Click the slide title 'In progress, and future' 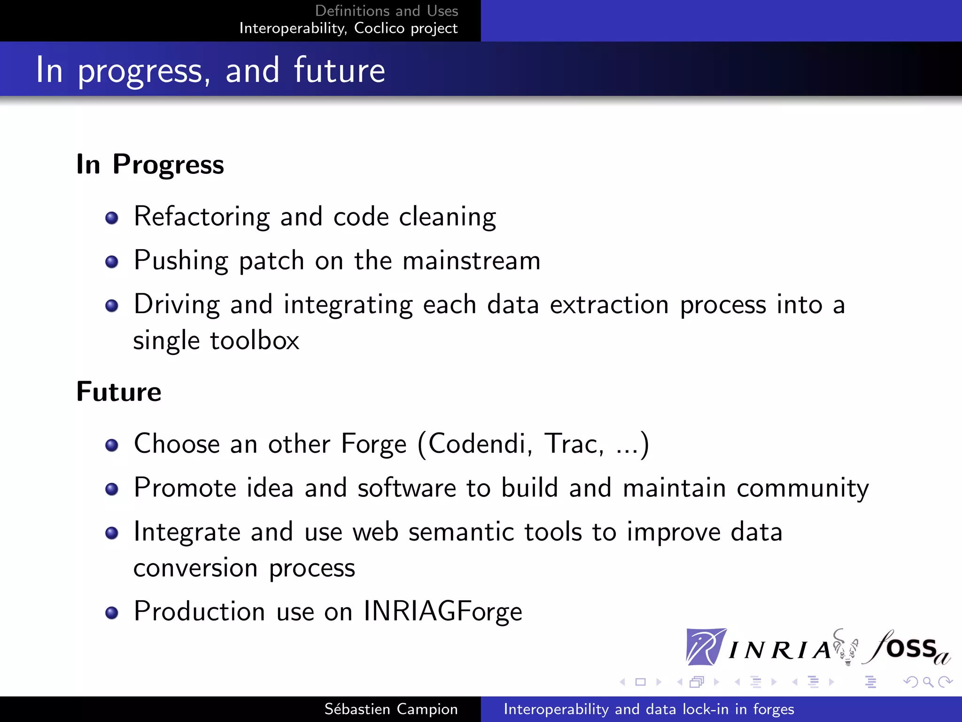coord(210,71)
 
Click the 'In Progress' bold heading coord(150,165)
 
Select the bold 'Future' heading coord(119,392)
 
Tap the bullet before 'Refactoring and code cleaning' coord(112,218)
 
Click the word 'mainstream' coord(472,261)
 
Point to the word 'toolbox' coord(255,340)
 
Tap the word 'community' coord(802,488)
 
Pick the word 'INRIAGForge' coord(442,611)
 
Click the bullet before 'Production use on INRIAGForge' coord(112,613)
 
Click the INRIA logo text coord(780,650)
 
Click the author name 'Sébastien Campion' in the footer coord(391,709)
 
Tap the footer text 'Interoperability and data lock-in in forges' coord(649,709)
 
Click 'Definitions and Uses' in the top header coord(386,10)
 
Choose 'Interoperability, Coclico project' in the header coord(348,28)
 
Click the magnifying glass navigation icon coord(928,682)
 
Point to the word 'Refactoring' coord(202,217)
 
